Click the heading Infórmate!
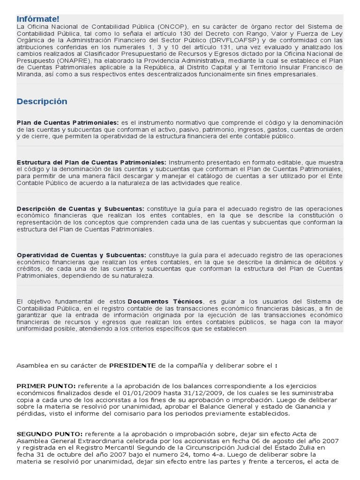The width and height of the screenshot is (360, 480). tap(38, 19)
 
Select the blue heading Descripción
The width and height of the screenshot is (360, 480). tap(42, 102)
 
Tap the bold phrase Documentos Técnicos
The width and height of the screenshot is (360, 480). tap(165, 301)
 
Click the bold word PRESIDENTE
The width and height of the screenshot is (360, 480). tap(133, 365)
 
